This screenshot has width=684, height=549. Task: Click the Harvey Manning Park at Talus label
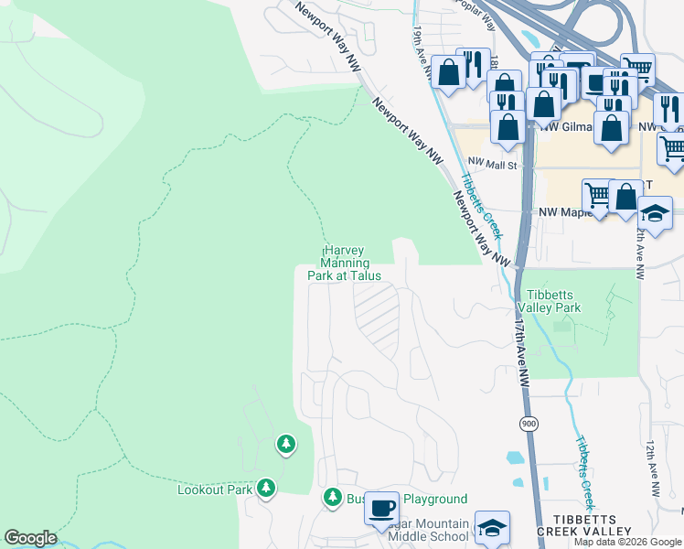click(350, 262)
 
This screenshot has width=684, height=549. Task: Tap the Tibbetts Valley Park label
click(548, 301)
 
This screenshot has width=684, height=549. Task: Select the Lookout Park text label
click(214, 490)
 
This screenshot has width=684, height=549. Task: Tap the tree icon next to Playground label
click(332, 498)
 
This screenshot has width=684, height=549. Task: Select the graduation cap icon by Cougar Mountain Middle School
click(492, 526)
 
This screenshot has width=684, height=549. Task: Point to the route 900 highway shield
click(529, 425)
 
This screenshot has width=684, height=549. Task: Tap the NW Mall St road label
click(494, 166)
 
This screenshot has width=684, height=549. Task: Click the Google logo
click(30, 538)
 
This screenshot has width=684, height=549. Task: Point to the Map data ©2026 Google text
click(627, 542)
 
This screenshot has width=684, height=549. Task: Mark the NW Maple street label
click(560, 212)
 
